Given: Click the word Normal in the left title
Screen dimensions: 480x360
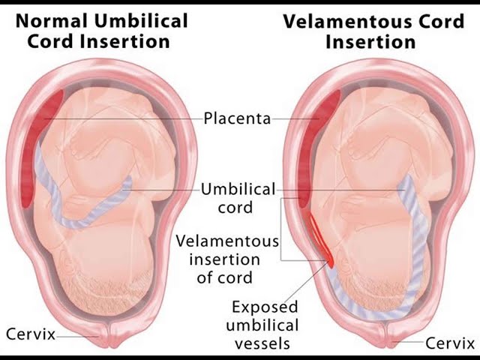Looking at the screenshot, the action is pyautogui.click(x=55, y=19).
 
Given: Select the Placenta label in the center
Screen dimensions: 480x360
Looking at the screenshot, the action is pyautogui.click(x=237, y=118).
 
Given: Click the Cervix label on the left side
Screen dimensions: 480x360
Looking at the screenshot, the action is pyautogui.click(x=30, y=333).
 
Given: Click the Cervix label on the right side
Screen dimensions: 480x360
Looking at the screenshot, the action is pyautogui.click(x=450, y=343).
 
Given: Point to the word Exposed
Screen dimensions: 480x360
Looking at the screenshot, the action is pyautogui.click(x=265, y=307).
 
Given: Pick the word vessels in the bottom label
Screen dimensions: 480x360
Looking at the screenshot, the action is pyautogui.click(x=265, y=344).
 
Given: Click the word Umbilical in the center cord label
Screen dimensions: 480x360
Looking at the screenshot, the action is pyautogui.click(x=238, y=189).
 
